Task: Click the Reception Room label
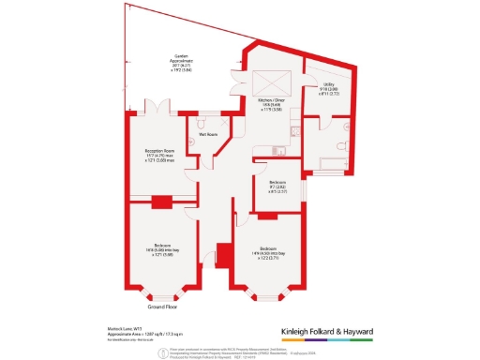pos(161,156)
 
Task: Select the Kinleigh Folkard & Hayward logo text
pos(347,331)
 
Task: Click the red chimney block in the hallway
pos(223,254)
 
